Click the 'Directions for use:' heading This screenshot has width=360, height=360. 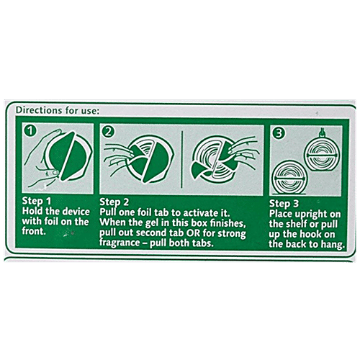coord(57,110)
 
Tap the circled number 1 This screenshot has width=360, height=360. coord(30,130)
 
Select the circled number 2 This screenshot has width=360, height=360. coord(108,131)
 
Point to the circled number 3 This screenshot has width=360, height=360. coord(279,133)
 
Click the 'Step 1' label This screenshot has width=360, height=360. coord(37,201)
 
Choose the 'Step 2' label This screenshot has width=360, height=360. coord(114,202)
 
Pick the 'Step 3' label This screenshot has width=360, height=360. coord(284,204)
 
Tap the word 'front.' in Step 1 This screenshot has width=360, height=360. coord(34,231)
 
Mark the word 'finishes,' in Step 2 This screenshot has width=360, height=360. coord(228,223)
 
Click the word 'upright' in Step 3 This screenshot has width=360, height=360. coord(312,214)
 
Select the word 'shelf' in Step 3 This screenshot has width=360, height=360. coord(295,224)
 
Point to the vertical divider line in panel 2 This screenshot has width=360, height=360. coord(182,159)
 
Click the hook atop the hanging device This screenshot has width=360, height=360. coord(323,132)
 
